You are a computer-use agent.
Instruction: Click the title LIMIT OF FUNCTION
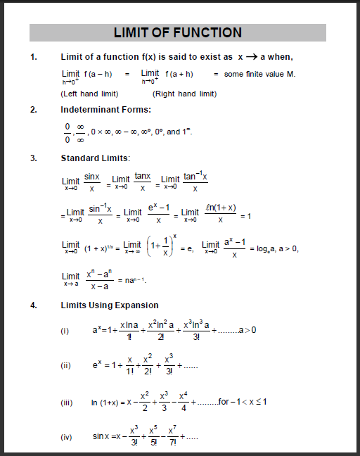pos(177,32)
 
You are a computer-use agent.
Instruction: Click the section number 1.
pos(33,56)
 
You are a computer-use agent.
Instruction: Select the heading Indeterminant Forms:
pos(105,110)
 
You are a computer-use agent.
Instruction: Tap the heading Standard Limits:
pos(96,158)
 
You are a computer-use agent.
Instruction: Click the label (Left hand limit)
pos(89,94)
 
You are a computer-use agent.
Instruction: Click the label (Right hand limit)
pos(184,94)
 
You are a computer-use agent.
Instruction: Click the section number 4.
pos(33,305)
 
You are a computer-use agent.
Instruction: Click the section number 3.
pos(33,158)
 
